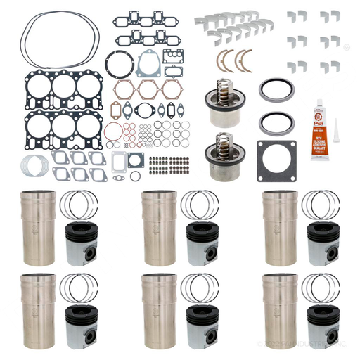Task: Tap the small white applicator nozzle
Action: click(x=335, y=143)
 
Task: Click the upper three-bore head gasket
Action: click(x=53, y=89)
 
